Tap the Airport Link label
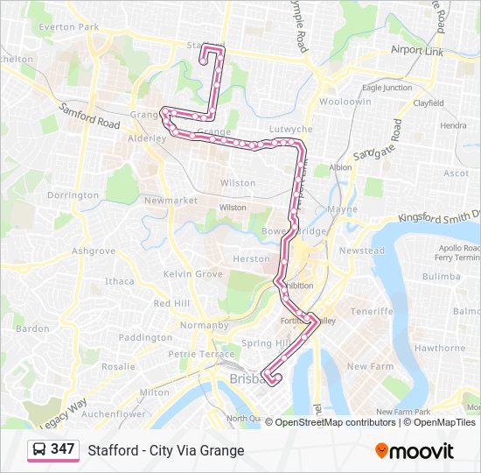[x=417, y=51]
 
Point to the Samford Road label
[x=90, y=116]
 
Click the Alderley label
[x=146, y=138]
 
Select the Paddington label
[x=145, y=337]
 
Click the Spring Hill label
[x=264, y=343]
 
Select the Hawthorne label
[x=440, y=348]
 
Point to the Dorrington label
[x=73, y=195]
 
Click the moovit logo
[x=415, y=451]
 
